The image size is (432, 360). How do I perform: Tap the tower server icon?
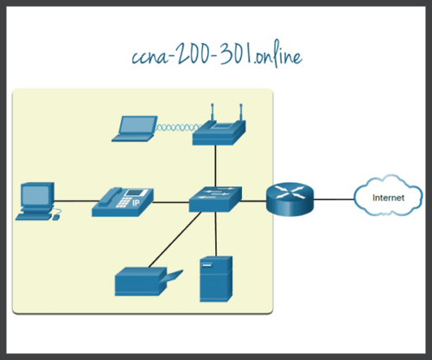[x=215, y=279]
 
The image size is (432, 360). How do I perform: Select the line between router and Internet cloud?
[x=333, y=200]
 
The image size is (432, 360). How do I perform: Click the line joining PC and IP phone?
[x=75, y=201]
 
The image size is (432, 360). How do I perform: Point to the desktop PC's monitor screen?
[x=35, y=194]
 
